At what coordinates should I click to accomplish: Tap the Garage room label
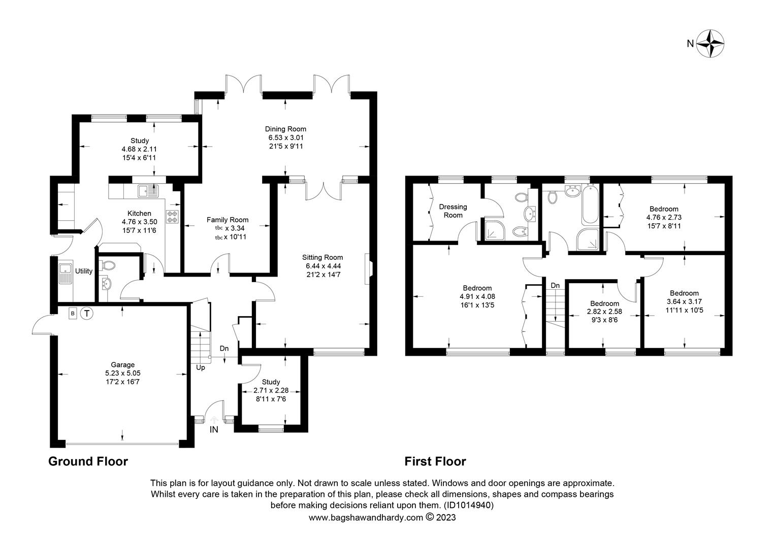pyautogui.click(x=122, y=364)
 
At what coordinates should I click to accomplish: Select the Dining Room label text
pyautogui.click(x=285, y=129)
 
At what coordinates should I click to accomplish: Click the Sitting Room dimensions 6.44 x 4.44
pyautogui.click(x=323, y=266)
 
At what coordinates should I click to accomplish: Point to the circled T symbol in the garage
pyautogui.click(x=87, y=314)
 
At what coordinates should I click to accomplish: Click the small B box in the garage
pyautogui.click(x=73, y=314)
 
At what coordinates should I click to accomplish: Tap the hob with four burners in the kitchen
pyautogui.click(x=173, y=217)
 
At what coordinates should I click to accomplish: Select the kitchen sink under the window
pyautogui.click(x=148, y=191)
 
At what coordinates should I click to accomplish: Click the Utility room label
pyautogui.click(x=84, y=271)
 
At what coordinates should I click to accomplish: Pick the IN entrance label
pyautogui.click(x=214, y=430)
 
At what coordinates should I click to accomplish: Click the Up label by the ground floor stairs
pyautogui.click(x=201, y=368)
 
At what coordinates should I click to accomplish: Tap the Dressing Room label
pyautogui.click(x=453, y=211)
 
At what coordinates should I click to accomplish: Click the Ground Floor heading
pyautogui.click(x=88, y=461)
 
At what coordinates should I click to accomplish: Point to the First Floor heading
pyautogui.click(x=435, y=461)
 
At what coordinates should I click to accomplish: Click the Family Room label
pyautogui.click(x=227, y=220)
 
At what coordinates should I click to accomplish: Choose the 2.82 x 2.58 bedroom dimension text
pyautogui.click(x=604, y=312)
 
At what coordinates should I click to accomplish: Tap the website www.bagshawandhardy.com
pyautogui.click(x=366, y=518)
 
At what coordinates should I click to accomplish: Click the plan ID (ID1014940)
pyautogui.click(x=469, y=505)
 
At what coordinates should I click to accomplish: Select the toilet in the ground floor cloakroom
pyautogui.click(x=107, y=265)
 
